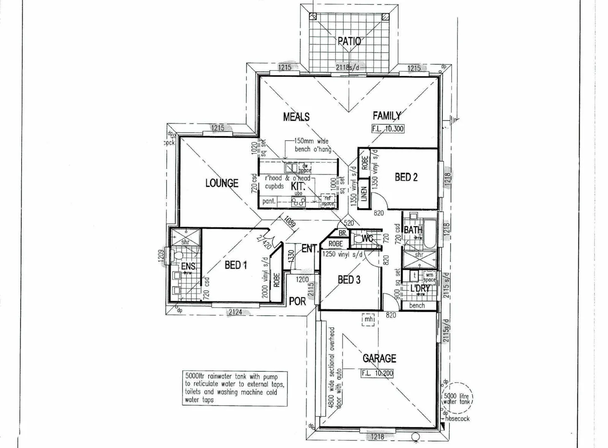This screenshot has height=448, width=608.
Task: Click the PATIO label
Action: pos(349,41)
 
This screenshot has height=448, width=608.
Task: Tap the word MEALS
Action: pos(296,117)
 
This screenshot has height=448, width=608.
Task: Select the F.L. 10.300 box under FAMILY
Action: pos(388,129)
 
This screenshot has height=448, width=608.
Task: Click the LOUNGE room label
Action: pos(222,183)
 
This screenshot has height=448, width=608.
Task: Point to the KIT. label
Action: pos(298,186)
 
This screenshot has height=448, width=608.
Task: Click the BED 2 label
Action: pos(406,177)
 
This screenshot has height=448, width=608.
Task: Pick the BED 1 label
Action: pos(236,265)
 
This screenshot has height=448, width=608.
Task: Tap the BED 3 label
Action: pos(349,280)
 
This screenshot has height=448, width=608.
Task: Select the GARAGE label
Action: pos(379,358)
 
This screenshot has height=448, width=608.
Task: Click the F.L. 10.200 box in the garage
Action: pos(377,373)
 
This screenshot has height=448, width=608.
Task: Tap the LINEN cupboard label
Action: pos(364,193)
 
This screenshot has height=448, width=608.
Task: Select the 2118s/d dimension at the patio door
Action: pos(348,67)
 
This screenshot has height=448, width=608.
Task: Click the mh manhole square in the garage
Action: pos(369,319)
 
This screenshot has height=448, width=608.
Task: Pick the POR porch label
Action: pos(297,302)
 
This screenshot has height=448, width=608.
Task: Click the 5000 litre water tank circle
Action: pos(456,398)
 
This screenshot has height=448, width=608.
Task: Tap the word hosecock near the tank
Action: pos(457,419)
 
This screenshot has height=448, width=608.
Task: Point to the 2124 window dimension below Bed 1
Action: pos(235,312)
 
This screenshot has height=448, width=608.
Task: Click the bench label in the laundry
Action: pos(417,306)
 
